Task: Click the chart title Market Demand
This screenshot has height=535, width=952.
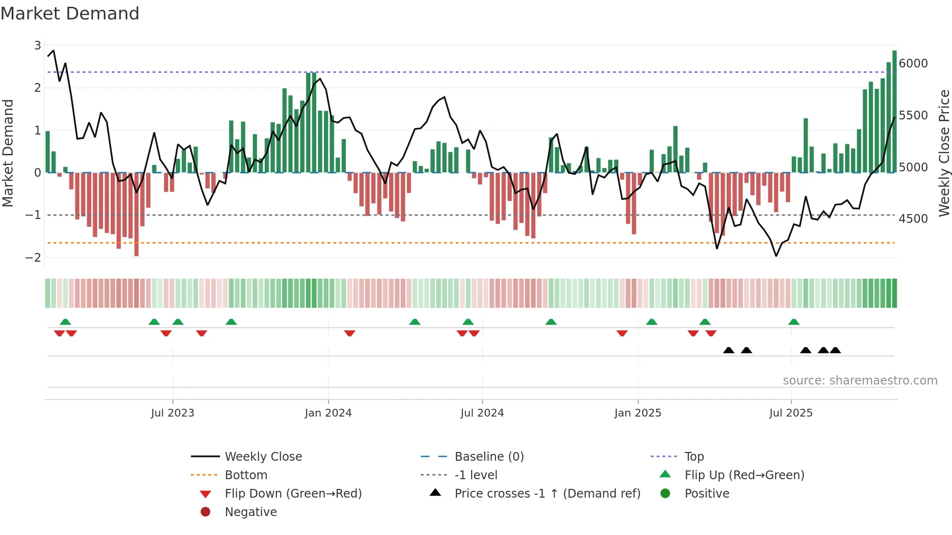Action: coord(70,14)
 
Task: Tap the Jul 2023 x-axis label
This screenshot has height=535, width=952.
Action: coord(172,413)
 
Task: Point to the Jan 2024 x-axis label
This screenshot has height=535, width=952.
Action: coord(328,413)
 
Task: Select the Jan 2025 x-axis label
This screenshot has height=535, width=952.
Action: coord(638,413)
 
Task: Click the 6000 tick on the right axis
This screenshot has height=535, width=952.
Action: coord(913,64)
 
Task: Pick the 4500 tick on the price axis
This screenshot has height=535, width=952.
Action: coord(913,219)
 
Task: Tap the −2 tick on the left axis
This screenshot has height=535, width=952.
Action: coord(34,258)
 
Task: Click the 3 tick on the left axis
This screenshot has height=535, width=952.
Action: coord(37,46)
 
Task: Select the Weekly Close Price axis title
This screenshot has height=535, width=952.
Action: coord(944,153)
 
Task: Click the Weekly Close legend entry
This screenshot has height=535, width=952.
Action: coord(263,457)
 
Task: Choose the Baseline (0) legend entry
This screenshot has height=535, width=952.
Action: coord(489,457)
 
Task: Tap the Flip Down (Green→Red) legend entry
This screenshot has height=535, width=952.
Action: coord(293,494)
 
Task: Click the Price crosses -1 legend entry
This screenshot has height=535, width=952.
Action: coord(547,494)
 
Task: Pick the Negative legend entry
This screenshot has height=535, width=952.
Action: coord(251,512)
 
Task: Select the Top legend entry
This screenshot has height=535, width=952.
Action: coord(694,457)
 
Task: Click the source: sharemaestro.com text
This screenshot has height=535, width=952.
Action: coord(860,381)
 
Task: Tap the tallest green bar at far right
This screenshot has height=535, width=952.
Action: coord(894,112)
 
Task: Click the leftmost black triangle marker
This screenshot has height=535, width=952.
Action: coord(729,350)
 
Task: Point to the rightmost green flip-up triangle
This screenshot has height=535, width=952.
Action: coord(794,322)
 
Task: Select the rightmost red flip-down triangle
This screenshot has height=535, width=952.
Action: coord(711,333)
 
